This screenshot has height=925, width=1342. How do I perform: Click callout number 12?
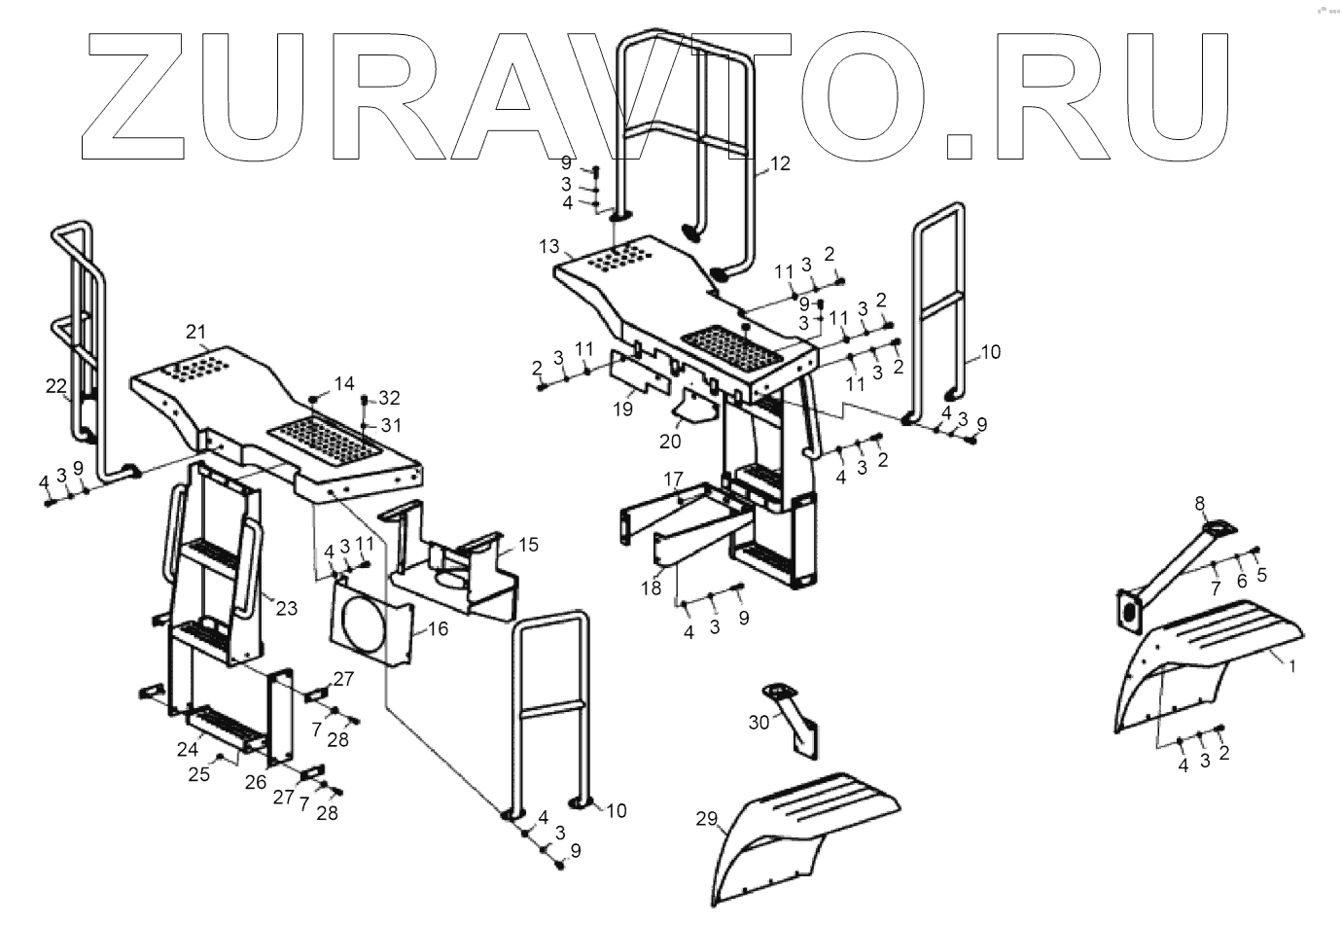point(781,163)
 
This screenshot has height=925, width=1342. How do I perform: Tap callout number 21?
point(197,334)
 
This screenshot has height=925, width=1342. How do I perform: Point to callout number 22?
point(55,386)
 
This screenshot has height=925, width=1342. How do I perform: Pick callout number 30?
point(759,721)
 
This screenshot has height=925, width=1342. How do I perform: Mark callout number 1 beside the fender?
point(1292,666)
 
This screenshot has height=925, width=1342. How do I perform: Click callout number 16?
point(438,629)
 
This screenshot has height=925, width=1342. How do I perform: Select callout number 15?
point(528,545)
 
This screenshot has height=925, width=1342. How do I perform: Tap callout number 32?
point(389,398)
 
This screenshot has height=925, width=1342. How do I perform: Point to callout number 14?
point(343,384)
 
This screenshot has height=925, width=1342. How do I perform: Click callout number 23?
point(285,609)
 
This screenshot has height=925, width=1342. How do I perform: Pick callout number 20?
point(669,440)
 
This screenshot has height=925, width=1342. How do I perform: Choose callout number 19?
point(622,409)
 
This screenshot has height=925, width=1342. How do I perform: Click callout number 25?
point(199,774)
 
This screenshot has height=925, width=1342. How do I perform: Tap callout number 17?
point(674,479)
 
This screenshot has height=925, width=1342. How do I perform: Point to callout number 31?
point(389,425)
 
